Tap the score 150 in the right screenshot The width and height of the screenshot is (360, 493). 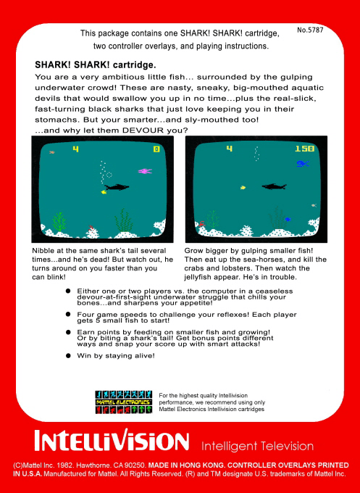(x=305, y=149)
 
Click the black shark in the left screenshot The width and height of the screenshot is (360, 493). (x=120, y=187)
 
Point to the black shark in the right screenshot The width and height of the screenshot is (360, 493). (x=274, y=187)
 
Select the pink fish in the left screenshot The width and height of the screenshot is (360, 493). (x=144, y=171)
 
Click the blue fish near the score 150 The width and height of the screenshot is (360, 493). (x=301, y=164)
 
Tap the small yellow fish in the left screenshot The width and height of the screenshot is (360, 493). (x=104, y=192)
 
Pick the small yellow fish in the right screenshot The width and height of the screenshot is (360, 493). (x=243, y=187)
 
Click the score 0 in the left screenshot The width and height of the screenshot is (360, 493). (x=156, y=149)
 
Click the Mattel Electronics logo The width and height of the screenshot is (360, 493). (x=122, y=401)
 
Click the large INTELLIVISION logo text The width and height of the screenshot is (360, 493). (x=112, y=442)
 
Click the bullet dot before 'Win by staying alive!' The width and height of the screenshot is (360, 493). (x=68, y=355)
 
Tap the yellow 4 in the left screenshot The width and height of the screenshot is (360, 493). (x=75, y=149)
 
